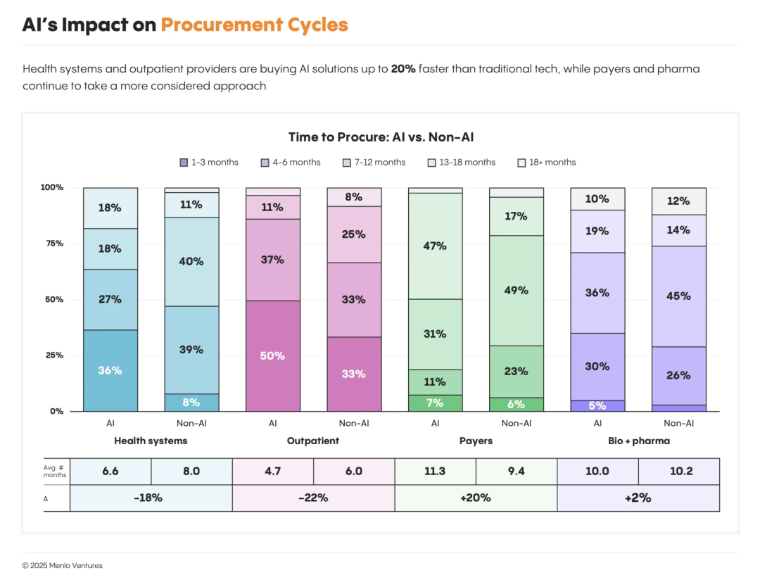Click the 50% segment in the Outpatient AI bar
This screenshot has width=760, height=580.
[272, 356]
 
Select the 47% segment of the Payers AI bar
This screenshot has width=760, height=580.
[435, 246]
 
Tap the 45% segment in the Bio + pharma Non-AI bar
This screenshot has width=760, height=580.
[678, 296]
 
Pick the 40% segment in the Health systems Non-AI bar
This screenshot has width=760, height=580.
[191, 261]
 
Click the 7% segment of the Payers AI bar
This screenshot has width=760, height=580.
[435, 403]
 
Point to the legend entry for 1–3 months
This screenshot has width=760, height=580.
[209, 163]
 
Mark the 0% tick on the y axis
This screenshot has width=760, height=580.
[56, 411]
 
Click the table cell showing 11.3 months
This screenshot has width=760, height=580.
[435, 472]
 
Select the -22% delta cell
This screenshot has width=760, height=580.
[313, 498]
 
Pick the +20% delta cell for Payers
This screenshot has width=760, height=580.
[476, 498]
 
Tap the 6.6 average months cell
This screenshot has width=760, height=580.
[110, 472]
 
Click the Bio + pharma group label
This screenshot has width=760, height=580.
[638, 441]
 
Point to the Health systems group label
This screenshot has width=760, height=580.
[151, 441]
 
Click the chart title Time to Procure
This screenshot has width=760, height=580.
[386, 137]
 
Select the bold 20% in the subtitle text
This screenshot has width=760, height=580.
[403, 69]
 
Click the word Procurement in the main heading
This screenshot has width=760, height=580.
[222, 25]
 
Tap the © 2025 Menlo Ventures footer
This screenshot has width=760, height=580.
[62, 565]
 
